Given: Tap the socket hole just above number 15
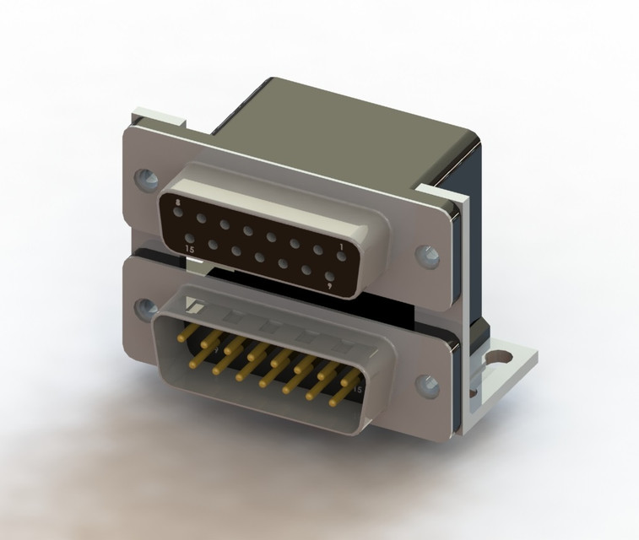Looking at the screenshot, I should [191, 240].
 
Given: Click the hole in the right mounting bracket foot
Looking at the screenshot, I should [504, 358].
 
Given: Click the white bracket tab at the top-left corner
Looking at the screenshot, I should [156, 116].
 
